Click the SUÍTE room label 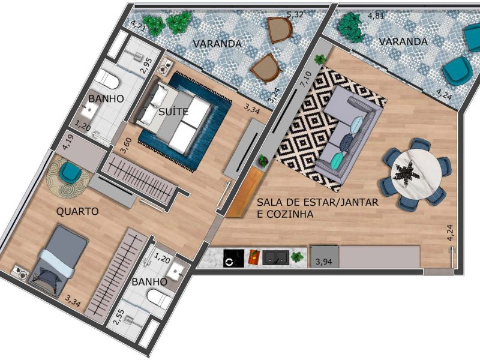click(173, 112)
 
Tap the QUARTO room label click(77, 212)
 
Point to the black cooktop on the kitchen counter click(234, 259)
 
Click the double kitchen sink click(275, 258)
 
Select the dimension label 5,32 click(295, 14)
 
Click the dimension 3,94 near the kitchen click(323, 262)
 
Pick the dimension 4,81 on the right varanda click(376, 16)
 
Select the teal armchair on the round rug click(70, 172)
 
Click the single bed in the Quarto click(58, 261)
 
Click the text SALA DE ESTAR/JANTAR click(317, 202)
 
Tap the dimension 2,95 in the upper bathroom click(146, 66)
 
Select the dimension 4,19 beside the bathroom click(67, 142)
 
